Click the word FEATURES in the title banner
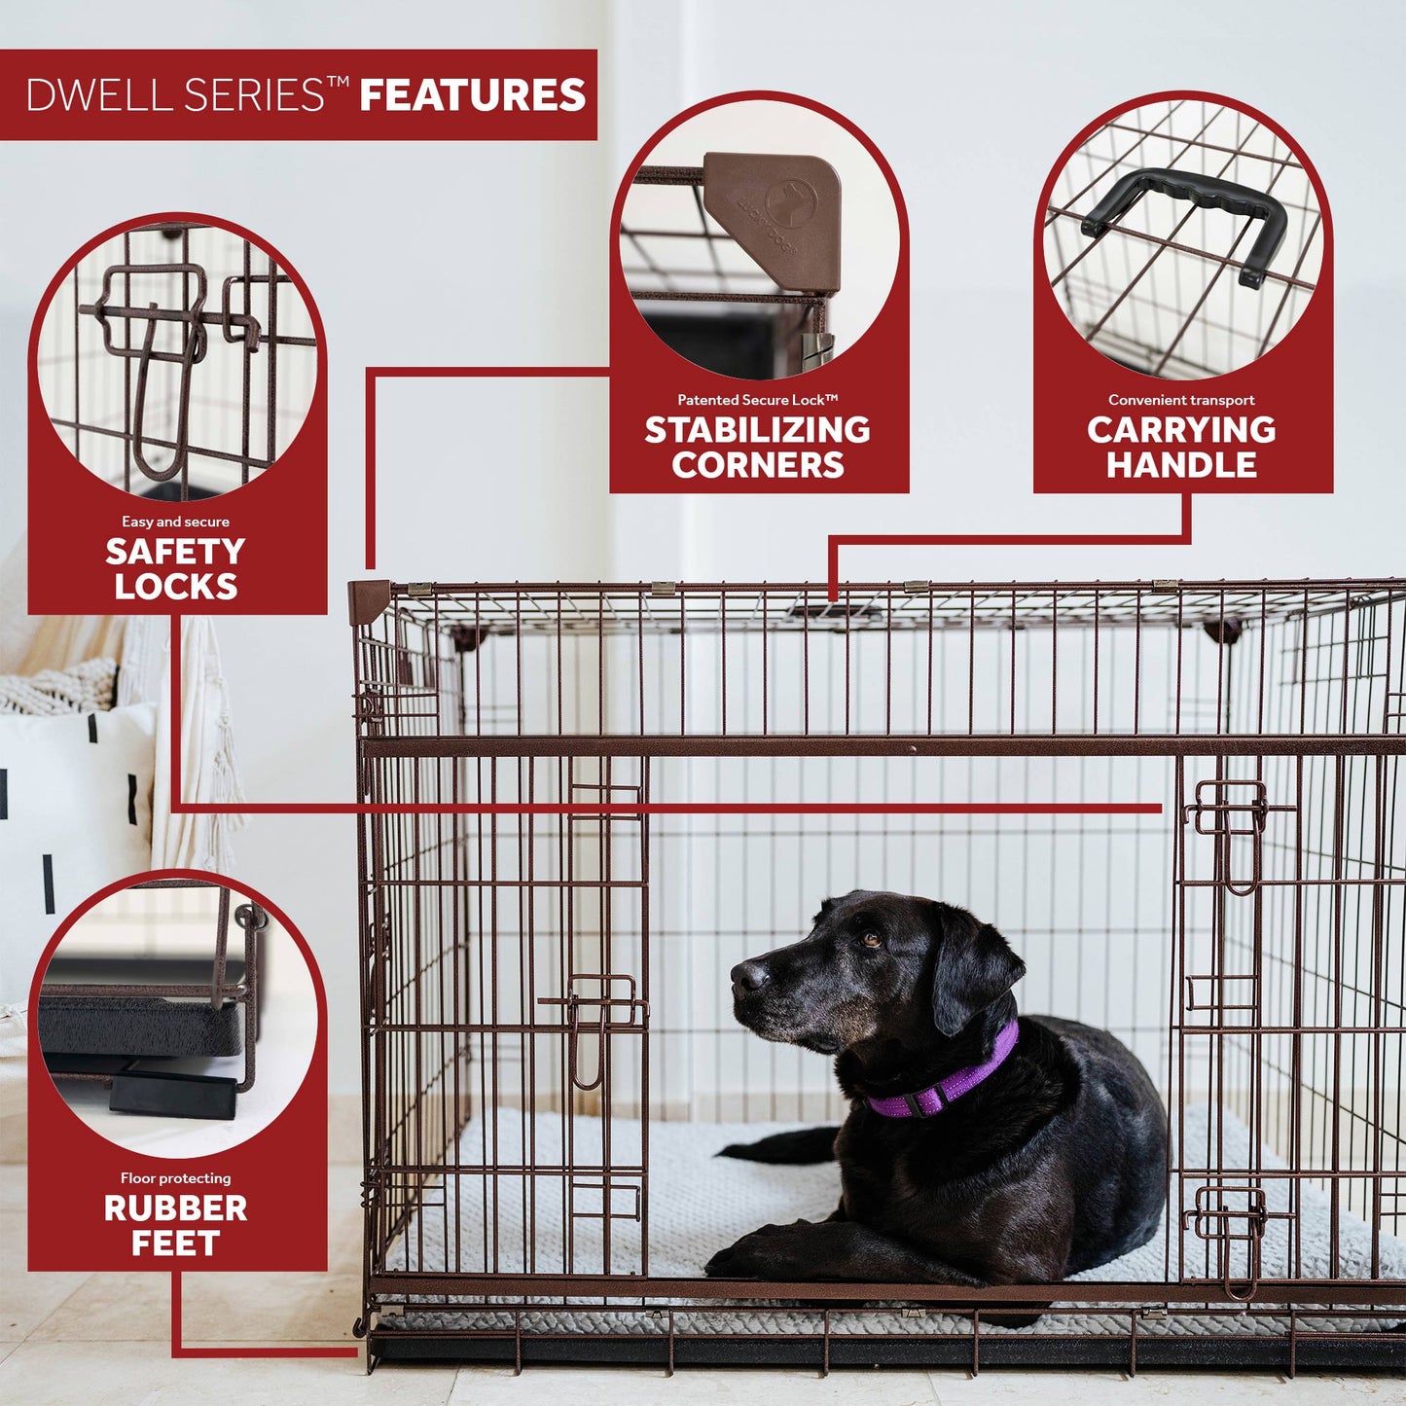click(x=472, y=95)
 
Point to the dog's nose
click(x=747, y=974)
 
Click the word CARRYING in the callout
click(x=1181, y=430)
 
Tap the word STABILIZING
click(x=757, y=430)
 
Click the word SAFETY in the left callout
click(x=175, y=552)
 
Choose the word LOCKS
click(x=175, y=587)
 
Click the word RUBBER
click(x=175, y=1208)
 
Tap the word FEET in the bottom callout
click(x=175, y=1244)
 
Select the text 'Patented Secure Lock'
click(x=757, y=400)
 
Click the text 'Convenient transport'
click(x=1181, y=400)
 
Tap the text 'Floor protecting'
click(x=175, y=1178)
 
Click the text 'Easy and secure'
click(x=175, y=522)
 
